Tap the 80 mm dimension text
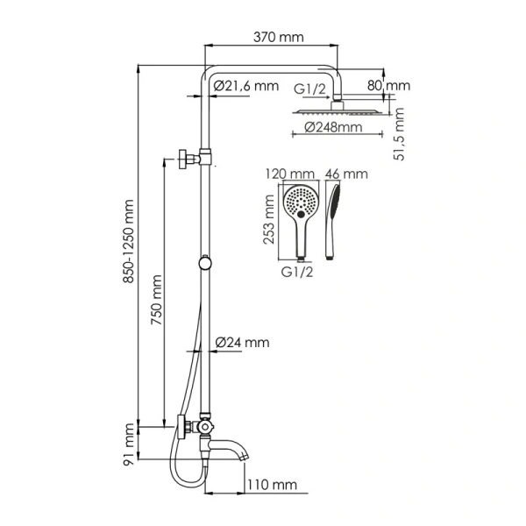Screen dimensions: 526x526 tap(388, 85)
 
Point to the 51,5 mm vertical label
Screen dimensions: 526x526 tap(400, 133)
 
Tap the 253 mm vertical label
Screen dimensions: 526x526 tap(271, 221)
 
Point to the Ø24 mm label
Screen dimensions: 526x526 tap(242, 342)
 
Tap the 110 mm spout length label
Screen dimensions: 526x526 tap(270, 485)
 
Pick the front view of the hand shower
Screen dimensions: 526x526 tap(300, 216)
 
